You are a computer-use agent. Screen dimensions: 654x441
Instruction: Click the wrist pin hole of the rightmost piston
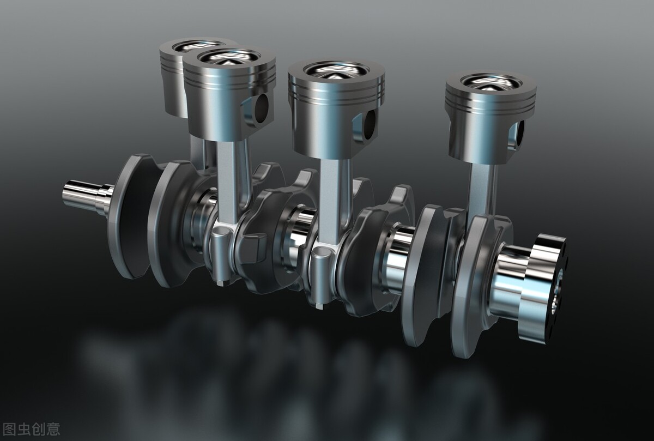(520, 134)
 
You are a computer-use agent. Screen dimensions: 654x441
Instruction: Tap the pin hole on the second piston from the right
(371, 125)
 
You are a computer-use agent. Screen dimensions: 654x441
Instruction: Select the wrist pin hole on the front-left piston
(261, 108)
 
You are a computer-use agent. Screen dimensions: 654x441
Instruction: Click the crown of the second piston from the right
(336, 71)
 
